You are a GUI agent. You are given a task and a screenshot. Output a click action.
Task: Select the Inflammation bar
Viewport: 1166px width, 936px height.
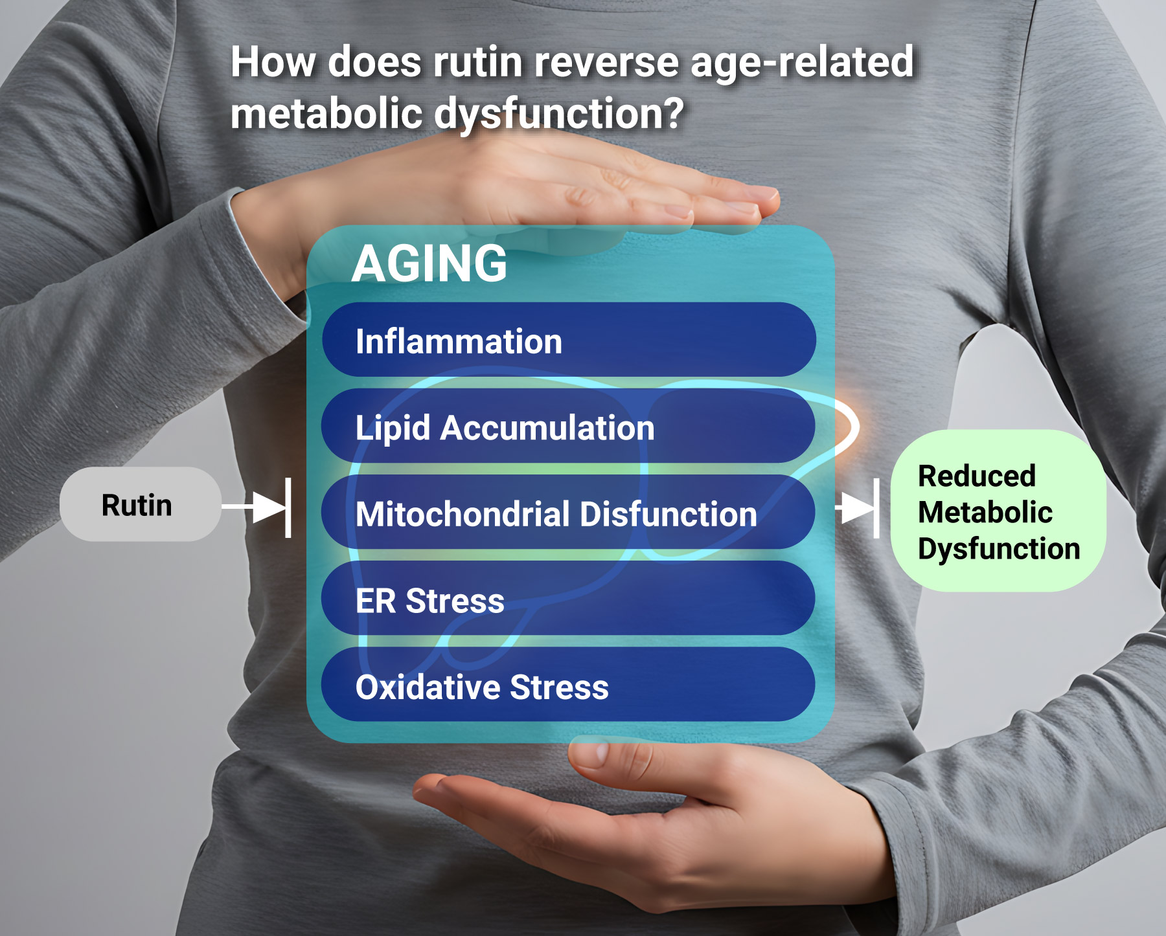[x=569, y=340]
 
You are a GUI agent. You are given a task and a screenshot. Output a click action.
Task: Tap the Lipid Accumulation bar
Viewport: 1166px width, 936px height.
[x=568, y=426]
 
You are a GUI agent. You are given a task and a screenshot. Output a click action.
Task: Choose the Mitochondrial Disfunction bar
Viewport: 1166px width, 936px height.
[x=568, y=512]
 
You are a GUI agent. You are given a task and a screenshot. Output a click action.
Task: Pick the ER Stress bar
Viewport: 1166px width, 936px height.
[x=568, y=598]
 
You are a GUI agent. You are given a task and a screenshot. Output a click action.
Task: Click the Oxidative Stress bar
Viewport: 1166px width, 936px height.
[x=568, y=684]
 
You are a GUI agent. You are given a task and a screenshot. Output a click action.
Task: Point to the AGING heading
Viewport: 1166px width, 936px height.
[x=429, y=263]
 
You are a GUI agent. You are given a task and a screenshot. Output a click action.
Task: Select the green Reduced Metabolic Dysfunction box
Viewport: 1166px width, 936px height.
[x=998, y=511]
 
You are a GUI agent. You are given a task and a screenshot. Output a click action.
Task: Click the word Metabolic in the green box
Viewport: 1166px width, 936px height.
[x=985, y=512]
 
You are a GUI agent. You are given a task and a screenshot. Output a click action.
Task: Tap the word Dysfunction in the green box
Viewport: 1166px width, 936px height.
[x=999, y=549]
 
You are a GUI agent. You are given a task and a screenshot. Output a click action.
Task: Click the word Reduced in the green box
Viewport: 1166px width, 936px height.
[x=977, y=476]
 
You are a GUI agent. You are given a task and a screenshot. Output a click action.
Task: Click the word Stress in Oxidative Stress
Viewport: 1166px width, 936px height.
[x=559, y=687]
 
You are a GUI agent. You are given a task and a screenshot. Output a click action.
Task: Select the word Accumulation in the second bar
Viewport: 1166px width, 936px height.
[x=547, y=428]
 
